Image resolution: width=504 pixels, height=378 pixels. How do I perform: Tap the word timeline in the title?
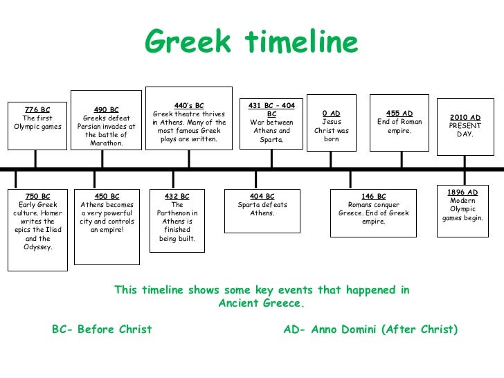[x=302, y=43]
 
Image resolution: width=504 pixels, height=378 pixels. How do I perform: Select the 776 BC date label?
[x=37, y=109]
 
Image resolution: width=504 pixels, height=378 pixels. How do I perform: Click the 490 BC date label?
[x=106, y=109]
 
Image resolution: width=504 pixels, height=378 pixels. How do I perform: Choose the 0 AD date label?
[x=332, y=113]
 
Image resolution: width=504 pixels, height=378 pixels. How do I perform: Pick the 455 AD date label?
[x=399, y=113]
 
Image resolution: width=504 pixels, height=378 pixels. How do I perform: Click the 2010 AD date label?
[x=465, y=118]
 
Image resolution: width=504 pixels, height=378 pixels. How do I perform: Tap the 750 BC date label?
[x=37, y=196]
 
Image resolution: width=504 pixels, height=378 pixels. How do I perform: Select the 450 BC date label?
[x=106, y=196]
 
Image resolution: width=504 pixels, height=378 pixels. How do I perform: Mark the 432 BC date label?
[x=177, y=196]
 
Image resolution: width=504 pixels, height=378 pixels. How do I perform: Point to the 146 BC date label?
[x=374, y=196]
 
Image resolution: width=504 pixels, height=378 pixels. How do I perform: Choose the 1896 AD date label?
[x=463, y=192]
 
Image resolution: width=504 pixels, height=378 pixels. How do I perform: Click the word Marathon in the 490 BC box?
[x=106, y=143]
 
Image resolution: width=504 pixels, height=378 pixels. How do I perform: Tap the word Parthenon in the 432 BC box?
[x=177, y=213]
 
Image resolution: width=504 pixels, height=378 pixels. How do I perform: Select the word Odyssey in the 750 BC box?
[x=37, y=246]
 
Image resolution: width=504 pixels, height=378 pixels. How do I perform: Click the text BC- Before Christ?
[x=102, y=330]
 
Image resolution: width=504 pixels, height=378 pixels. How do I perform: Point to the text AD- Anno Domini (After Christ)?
[x=371, y=330]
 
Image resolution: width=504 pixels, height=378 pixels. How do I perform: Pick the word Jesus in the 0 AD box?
[x=332, y=121]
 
